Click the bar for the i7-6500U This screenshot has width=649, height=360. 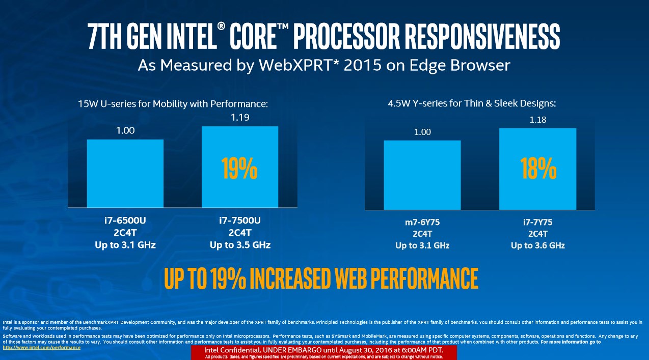point(125,173)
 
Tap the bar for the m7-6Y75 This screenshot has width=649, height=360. point(422,175)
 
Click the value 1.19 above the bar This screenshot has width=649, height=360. point(239,118)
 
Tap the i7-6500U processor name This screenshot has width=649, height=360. point(125,221)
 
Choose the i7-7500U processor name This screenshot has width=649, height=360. point(240,221)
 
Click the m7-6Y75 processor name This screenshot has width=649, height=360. point(422,223)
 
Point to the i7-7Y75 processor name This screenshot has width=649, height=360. point(538,223)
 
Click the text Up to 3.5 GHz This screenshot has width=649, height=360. point(240,245)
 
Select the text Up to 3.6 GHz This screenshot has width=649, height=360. point(538,245)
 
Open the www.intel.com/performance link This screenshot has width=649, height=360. point(42,347)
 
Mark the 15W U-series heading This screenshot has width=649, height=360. point(173,104)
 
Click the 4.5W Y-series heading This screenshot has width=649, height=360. point(471,103)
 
